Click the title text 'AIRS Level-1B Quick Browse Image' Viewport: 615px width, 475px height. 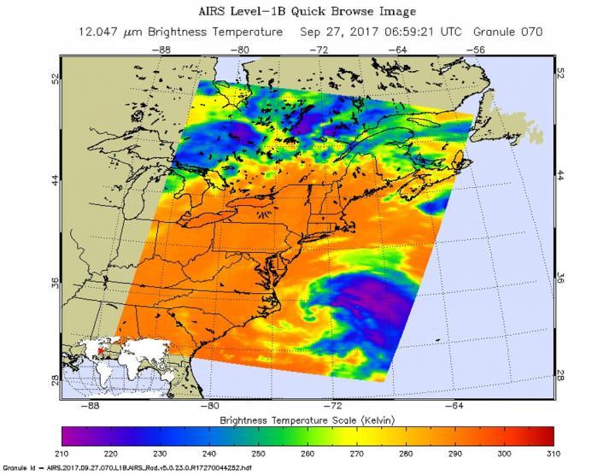click(x=308, y=11)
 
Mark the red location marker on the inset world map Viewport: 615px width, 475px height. click(x=100, y=349)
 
